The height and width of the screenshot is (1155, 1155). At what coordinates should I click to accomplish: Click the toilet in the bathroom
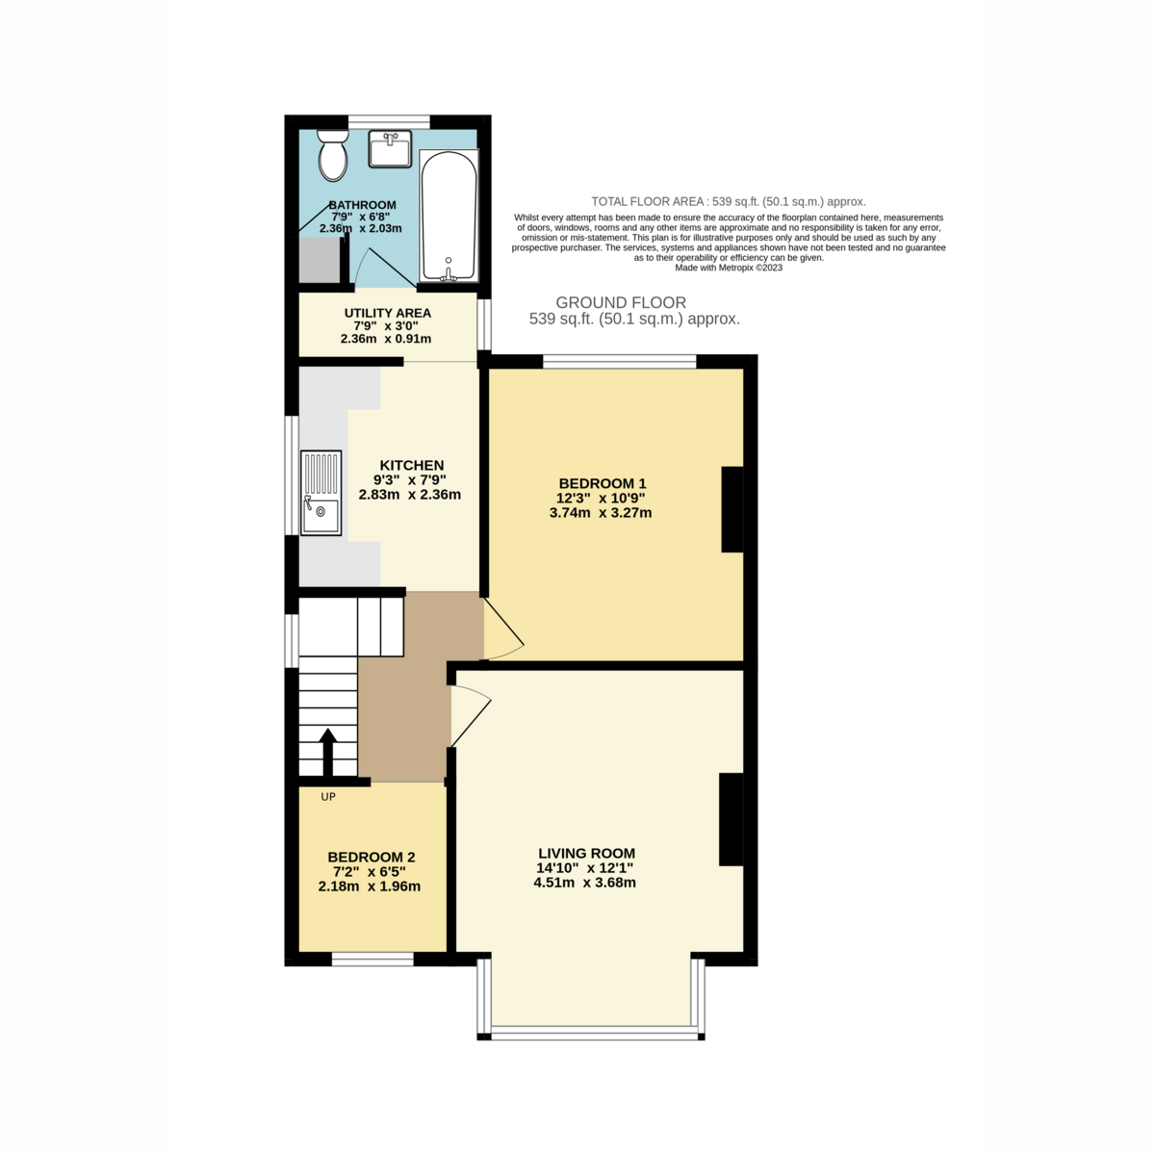pos(333,155)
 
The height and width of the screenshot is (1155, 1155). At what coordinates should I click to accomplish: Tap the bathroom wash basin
pos(390,148)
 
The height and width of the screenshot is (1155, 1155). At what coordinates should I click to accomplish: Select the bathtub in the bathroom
pos(449,216)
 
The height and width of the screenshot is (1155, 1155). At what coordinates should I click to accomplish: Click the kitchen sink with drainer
pos(321,493)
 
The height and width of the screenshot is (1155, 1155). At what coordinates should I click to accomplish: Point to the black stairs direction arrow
pos(327,753)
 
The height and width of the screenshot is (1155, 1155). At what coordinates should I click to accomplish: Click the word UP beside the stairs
pos(328,797)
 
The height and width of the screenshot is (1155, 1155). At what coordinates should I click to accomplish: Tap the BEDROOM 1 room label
pos(603,483)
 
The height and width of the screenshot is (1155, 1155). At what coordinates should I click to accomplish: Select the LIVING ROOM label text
pos(586,853)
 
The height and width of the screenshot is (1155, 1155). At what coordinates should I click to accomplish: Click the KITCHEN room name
pos(412,465)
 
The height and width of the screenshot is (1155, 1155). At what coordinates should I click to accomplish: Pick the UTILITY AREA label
pos(387,313)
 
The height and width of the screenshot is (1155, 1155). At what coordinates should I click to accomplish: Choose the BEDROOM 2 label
pos(371,858)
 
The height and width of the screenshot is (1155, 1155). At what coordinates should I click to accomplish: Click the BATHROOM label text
pos(362,205)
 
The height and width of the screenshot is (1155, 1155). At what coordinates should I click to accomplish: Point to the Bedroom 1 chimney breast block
pos(731,509)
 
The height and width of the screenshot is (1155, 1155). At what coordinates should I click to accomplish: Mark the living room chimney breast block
pos(731,819)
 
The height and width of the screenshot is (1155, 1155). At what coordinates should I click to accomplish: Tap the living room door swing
pos(470,715)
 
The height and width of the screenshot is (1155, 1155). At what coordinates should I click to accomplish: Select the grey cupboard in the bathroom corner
pos(320,260)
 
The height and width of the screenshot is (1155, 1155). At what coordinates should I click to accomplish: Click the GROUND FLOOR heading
pos(621,302)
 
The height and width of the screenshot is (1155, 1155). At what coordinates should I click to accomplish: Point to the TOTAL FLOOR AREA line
pos(729,201)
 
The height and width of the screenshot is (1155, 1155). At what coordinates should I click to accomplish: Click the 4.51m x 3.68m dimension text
pos(584,883)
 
